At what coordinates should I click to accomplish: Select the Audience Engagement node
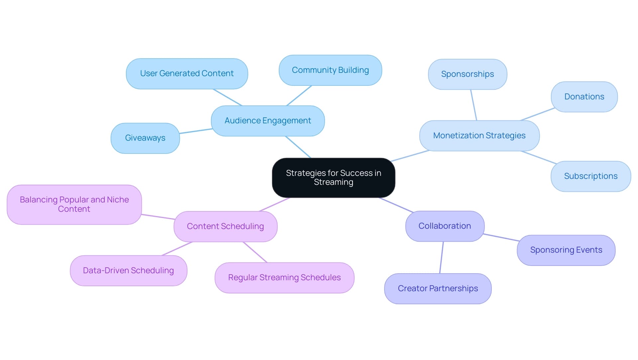(268, 121)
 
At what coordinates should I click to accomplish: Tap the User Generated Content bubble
(187, 73)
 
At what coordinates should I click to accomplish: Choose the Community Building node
(330, 70)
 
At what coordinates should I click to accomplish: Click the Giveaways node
(145, 138)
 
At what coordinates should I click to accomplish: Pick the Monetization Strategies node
(479, 136)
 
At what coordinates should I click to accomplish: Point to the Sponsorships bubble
(468, 74)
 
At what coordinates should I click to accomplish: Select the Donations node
(584, 97)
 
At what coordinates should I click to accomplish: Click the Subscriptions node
(590, 176)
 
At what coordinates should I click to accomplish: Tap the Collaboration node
(445, 226)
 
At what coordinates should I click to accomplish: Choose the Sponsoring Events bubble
(566, 250)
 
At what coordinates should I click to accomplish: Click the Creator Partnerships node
(438, 289)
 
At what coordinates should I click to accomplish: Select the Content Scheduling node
(225, 226)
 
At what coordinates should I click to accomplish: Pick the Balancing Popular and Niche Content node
(74, 204)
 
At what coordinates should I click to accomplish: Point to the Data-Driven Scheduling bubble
(128, 271)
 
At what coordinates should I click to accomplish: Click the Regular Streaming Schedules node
(284, 278)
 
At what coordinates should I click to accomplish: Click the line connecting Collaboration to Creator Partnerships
(442, 258)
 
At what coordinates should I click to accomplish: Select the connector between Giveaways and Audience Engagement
(195, 131)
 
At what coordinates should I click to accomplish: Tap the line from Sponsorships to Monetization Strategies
(474, 105)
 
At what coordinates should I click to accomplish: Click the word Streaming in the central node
(333, 182)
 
